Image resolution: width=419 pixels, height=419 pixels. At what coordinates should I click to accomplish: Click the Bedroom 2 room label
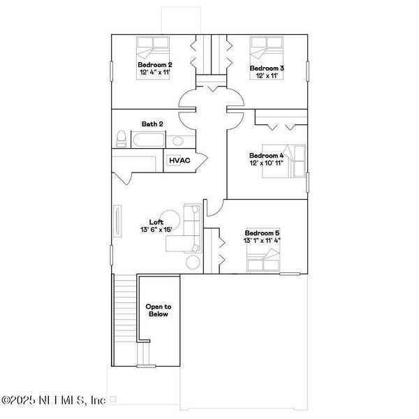pyautogui.click(x=154, y=64)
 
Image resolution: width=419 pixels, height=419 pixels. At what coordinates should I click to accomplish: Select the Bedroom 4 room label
pyautogui.click(x=266, y=155)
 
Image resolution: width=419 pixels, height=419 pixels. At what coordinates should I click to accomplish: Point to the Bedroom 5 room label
pyautogui.click(x=262, y=233)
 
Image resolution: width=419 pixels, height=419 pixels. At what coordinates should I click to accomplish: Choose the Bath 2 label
pyautogui.click(x=152, y=124)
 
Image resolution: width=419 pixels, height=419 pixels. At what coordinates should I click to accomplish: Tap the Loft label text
pyautogui.click(x=156, y=221)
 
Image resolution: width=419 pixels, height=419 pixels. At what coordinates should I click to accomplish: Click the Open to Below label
pyautogui.click(x=158, y=310)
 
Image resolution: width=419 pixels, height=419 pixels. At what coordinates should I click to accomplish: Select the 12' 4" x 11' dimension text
pyautogui.click(x=154, y=72)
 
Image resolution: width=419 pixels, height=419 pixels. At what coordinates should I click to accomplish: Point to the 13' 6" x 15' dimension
pyautogui.click(x=156, y=229)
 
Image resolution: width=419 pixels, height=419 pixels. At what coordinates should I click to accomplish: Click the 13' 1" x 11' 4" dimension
pyautogui.click(x=262, y=240)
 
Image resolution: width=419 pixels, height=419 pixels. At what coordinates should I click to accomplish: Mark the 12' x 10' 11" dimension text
pyautogui.click(x=266, y=163)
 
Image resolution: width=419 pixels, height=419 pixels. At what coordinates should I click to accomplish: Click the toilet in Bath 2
pyautogui.click(x=121, y=139)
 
